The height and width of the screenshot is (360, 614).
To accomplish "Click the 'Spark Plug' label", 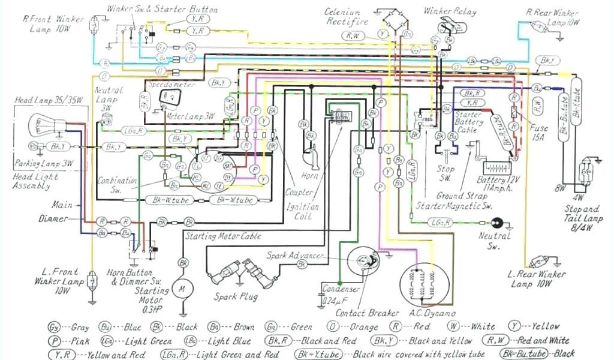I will pyautogui.click(x=236, y=296).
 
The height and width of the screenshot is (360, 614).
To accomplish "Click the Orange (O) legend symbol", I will pyautogui.click(x=332, y=328).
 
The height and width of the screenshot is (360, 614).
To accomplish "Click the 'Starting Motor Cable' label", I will pyautogui.click(x=223, y=236).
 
